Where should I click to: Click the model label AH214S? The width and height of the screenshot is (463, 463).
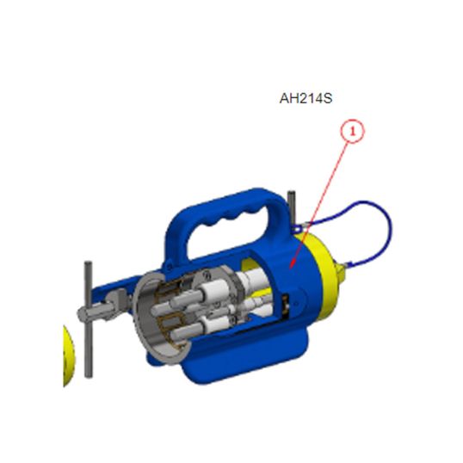point(306,98)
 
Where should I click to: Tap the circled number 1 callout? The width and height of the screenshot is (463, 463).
point(353,131)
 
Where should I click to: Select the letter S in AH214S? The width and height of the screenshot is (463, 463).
point(328,98)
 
